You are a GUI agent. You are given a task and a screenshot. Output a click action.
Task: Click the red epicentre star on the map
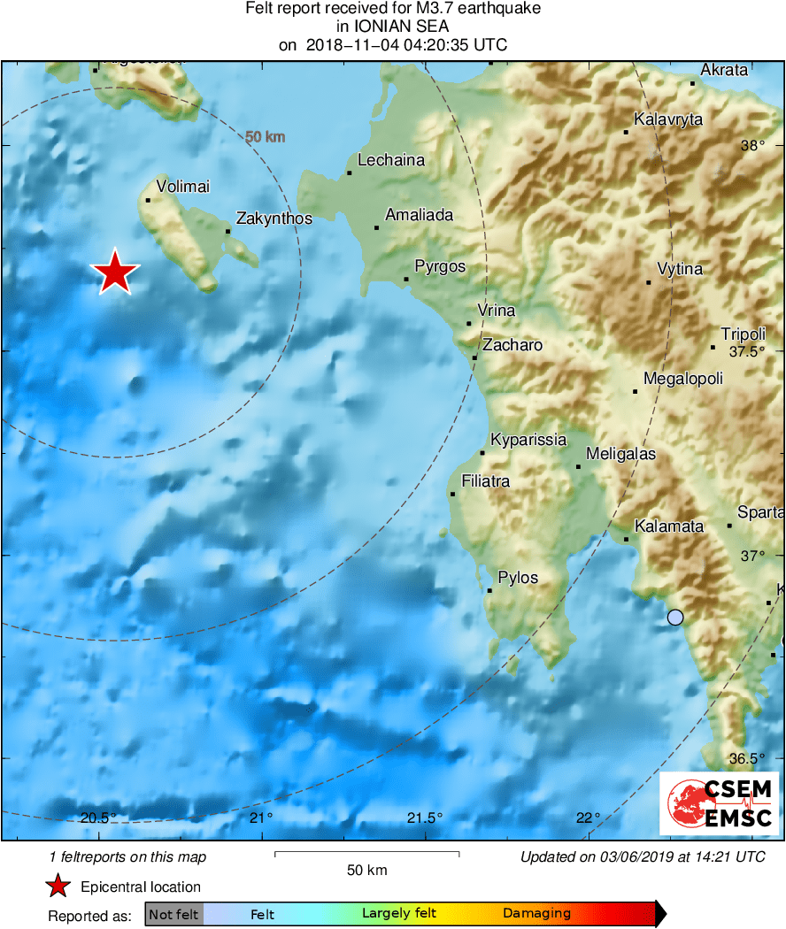[115, 272]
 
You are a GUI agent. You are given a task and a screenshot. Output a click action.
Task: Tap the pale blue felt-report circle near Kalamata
[675, 618]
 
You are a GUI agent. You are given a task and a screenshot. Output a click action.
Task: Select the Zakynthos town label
[274, 218]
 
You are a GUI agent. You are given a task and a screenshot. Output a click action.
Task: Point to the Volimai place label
[182, 186]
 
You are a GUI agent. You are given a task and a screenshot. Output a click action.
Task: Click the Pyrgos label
[440, 266]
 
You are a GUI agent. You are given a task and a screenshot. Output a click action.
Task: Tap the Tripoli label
[743, 334]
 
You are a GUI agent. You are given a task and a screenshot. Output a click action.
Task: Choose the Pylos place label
[518, 578]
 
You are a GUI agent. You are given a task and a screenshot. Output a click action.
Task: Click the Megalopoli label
[683, 379]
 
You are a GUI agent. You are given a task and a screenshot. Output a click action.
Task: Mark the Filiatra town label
[485, 481]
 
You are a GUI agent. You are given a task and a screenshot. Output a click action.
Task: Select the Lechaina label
[391, 160]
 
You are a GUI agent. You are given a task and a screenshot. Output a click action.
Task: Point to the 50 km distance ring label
[265, 136]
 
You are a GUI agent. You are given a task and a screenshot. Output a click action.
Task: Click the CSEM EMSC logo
[718, 803]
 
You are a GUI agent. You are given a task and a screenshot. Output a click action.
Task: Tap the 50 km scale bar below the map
[366, 854]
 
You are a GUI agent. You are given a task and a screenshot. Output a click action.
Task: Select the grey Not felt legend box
[173, 914]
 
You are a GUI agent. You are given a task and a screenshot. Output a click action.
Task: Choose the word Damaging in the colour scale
[536, 914]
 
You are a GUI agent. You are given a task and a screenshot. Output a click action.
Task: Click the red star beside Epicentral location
[58, 887]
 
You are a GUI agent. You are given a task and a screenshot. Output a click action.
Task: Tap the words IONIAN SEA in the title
[393, 27]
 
